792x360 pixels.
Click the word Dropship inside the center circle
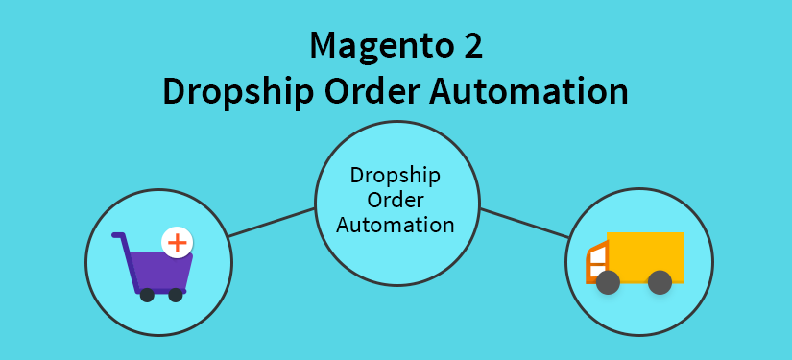pos(395,178)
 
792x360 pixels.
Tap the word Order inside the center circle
pos(395,202)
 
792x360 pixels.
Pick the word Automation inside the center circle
pos(395,226)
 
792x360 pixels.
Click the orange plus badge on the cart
pos(176,242)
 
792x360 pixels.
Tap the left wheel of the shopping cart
pos(147,295)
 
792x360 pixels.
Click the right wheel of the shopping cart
pos(176,295)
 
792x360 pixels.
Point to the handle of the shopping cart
pos(120,236)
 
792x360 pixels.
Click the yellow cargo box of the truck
pos(645,254)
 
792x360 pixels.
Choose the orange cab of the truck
pos(597,263)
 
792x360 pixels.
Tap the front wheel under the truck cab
pos(607,282)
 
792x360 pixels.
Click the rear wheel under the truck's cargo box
pos(660,282)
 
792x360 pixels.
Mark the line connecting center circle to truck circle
pos(524,223)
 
